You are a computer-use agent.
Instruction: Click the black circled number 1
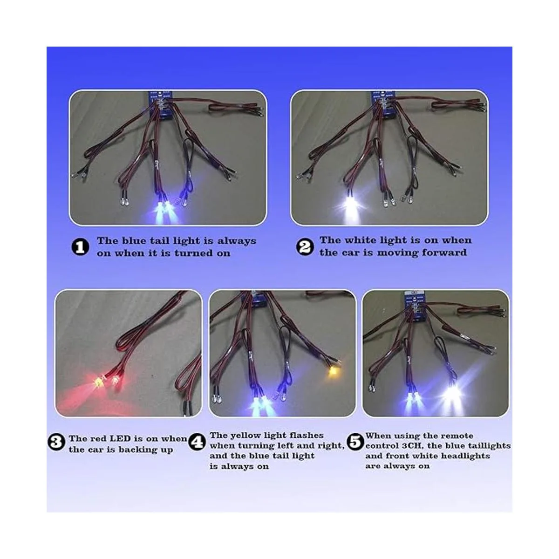click(x=80, y=247)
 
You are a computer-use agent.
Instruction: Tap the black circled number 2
click(x=305, y=247)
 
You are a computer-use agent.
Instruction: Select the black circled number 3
click(x=56, y=442)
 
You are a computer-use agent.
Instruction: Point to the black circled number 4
click(x=197, y=442)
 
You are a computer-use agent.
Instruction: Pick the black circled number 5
click(x=355, y=442)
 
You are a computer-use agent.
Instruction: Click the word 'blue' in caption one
click(x=134, y=241)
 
